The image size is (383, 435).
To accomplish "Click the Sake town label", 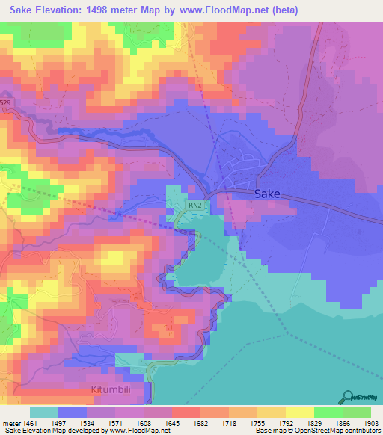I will pos(267,194).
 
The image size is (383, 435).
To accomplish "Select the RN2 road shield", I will pos(194,204).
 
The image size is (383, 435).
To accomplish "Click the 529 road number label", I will pos(6,102).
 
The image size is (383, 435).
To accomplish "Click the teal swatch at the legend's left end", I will pos(43,412).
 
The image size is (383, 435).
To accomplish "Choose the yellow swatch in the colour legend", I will pos(299,412).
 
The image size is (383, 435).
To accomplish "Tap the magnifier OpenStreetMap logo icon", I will pos(349,396).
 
